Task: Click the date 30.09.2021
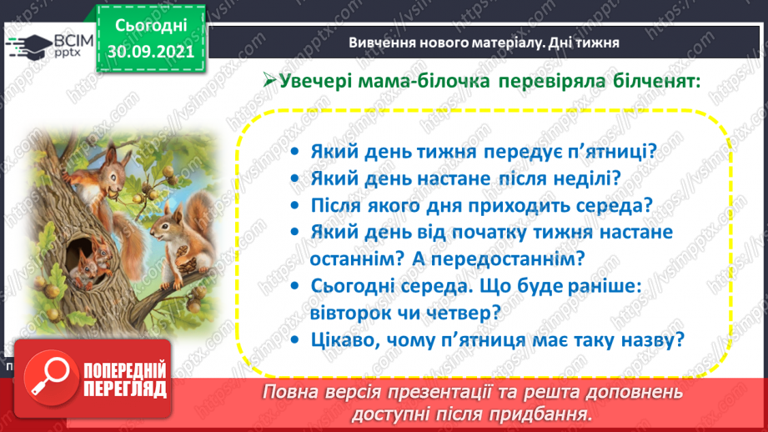(151, 50)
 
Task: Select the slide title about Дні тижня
(484, 43)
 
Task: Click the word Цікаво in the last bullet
(344, 339)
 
